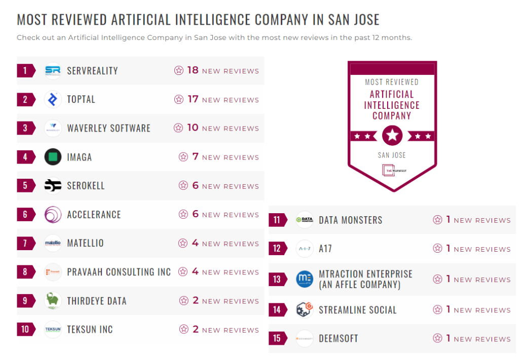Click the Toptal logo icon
(53, 99)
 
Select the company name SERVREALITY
(92, 71)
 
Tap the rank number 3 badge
(25, 128)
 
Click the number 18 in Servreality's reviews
(193, 70)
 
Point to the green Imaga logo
(53, 157)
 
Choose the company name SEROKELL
(86, 186)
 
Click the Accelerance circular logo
(53, 215)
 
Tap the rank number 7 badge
(25, 243)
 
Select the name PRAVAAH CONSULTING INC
(119, 272)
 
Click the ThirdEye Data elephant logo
(53, 301)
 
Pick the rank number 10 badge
(25, 330)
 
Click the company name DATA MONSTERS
(350, 220)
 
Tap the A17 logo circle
(305, 249)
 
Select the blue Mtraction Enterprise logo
(305, 279)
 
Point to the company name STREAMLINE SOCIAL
(357, 310)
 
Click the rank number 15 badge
(277, 338)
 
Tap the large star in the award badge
(392, 136)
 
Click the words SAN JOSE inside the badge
(392, 155)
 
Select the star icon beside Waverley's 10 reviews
(178, 128)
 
